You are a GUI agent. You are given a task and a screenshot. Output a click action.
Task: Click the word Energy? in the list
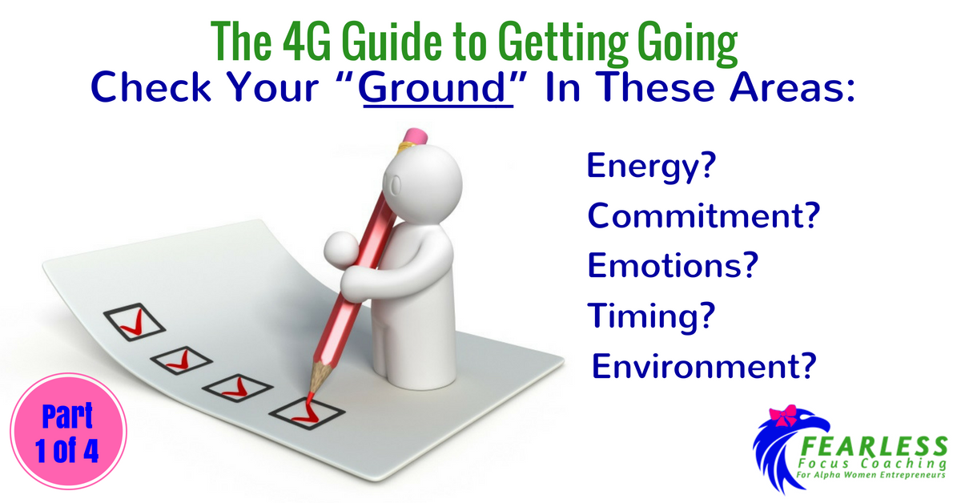pyautogui.click(x=651, y=167)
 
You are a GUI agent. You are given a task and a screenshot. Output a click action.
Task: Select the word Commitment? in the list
pyautogui.click(x=704, y=215)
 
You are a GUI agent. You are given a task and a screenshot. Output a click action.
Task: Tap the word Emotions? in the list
pyautogui.click(x=673, y=265)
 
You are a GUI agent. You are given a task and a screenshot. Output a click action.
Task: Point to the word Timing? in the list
pyautogui.click(x=651, y=316)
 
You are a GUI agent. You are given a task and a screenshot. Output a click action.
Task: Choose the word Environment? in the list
pyautogui.click(x=704, y=366)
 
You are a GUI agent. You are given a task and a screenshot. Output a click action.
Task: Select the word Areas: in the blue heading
pyautogui.click(x=792, y=87)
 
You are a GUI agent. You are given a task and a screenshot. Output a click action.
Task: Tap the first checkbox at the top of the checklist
pyautogui.click(x=135, y=322)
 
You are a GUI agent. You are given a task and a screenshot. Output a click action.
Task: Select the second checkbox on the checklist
pyautogui.click(x=181, y=360)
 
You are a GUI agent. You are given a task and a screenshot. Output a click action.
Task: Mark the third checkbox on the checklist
pyautogui.click(x=237, y=388)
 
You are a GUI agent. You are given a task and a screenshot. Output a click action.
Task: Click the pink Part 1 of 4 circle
pyautogui.click(x=68, y=431)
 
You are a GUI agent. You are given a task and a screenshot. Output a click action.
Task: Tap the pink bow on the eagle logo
pyautogui.click(x=783, y=415)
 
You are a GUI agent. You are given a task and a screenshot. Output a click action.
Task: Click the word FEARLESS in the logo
pyautogui.click(x=874, y=446)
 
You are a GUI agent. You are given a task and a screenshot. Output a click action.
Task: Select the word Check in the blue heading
pyautogui.click(x=151, y=87)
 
